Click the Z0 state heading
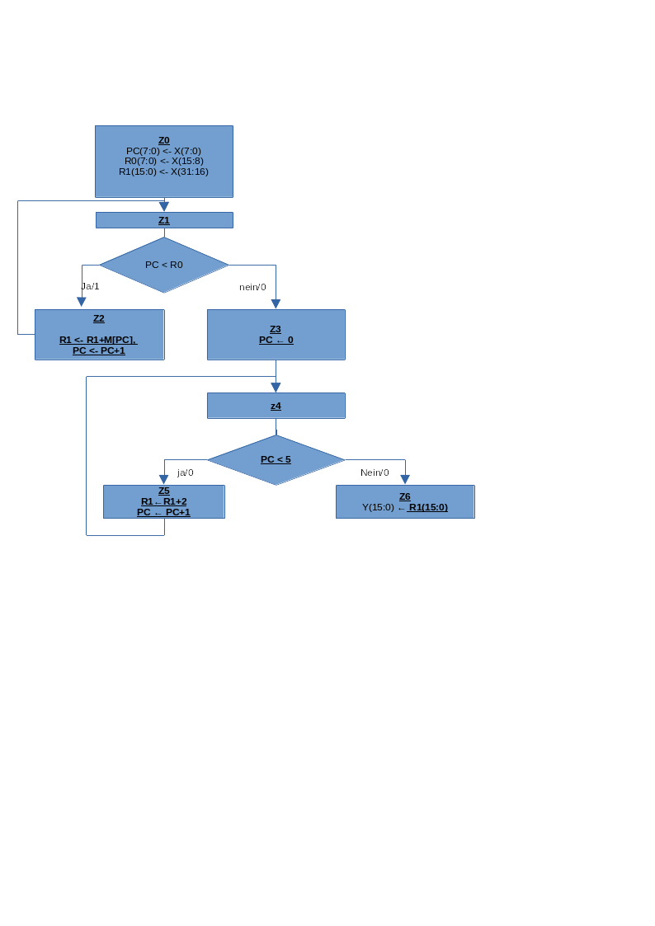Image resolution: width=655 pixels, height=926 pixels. tap(164, 140)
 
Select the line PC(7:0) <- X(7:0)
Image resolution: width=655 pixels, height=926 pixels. tap(163, 151)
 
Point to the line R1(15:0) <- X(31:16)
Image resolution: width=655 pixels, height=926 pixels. tap(163, 172)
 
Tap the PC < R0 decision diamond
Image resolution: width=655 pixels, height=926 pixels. tap(164, 265)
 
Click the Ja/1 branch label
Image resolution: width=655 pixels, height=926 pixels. tap(90, 286)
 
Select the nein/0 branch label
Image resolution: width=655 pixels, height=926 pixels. tap(252, 287)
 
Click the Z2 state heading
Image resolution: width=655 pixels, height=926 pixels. tap(99, 318)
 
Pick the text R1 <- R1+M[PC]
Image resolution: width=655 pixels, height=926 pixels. tap(98, 340)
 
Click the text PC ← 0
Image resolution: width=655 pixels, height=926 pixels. tap(276, 340)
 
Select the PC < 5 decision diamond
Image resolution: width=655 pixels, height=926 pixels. tap(276, 459)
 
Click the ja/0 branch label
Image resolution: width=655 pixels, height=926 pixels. tap(186, 472)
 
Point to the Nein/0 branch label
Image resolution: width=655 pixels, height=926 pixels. tap(375, 472)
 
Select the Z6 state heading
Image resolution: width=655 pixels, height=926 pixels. tap(405, 496)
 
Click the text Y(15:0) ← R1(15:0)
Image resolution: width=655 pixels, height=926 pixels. tap(405, 507)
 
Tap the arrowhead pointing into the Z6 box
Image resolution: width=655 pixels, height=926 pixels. tap(405, 480)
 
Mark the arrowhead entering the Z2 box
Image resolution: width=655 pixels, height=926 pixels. tap(82, 303)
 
